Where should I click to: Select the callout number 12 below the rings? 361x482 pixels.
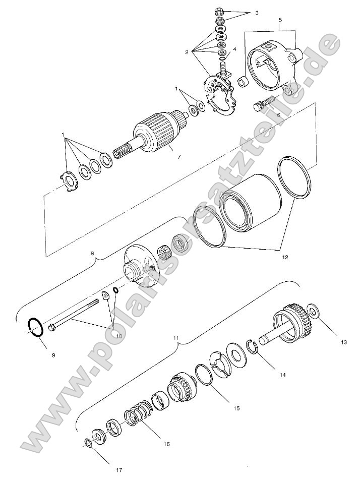point(285,257)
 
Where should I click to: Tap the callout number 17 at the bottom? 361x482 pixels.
point(119,470)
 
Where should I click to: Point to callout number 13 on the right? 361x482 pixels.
point(344,342)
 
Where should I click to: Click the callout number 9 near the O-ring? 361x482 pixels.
point(53,355)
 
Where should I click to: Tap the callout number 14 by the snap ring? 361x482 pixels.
point(282,375)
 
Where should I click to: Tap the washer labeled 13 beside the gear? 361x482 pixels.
point(314,311)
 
